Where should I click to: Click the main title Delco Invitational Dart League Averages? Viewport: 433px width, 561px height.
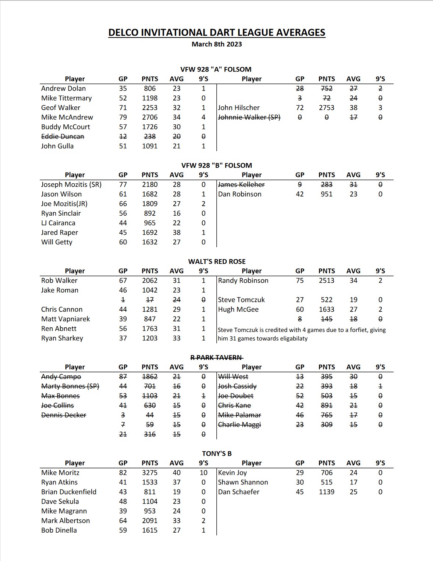point(217,32)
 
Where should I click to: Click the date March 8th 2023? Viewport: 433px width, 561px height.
point(217,44)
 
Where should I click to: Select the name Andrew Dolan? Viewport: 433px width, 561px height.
point(63,88)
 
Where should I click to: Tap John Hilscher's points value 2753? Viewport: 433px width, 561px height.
point(326,107)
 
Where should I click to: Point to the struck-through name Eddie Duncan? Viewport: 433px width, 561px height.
point(63,136)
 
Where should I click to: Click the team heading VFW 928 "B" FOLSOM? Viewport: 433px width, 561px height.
point(216,165)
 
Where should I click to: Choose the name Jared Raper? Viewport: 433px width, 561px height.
point(60,232)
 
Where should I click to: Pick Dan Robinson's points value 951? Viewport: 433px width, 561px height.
point(326,194)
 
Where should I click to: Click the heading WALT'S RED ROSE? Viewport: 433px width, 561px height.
point(217,261)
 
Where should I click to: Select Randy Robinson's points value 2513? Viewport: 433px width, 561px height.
point(326,280)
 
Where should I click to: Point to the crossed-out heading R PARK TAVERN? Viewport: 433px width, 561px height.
point(216,357)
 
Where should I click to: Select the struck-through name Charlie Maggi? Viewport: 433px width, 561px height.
point(239,424)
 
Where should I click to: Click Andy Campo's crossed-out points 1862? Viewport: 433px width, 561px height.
point(150,377)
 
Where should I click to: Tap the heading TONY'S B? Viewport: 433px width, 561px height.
point(217,454)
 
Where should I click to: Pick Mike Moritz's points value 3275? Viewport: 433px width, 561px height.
point(150,473)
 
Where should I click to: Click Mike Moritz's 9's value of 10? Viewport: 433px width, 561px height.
point(203,473)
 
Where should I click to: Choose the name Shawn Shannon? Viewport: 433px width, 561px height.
point(243,482)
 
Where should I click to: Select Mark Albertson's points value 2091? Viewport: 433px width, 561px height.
point(150,521)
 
